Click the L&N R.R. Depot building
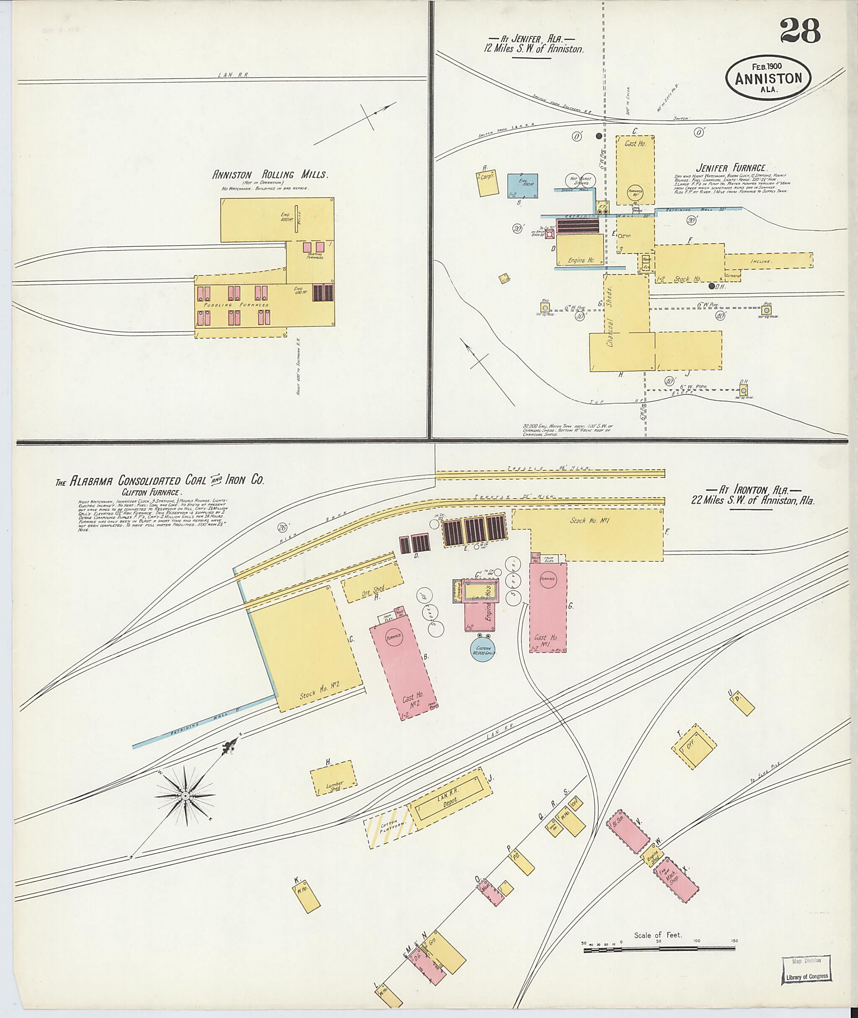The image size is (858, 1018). pos(448,800)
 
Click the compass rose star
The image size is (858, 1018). pos(185,795)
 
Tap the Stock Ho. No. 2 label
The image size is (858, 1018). pos(319,693)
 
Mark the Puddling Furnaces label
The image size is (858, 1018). pos(237,305)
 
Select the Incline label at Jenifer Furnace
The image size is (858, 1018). pos(761,262)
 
